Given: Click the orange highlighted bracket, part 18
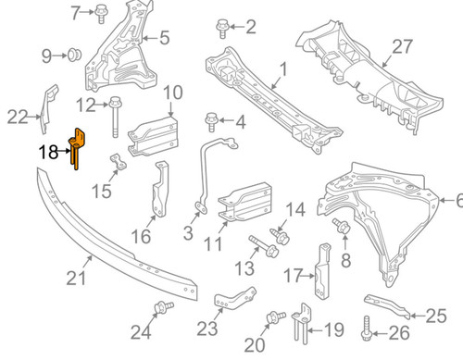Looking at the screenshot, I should pos(78,148).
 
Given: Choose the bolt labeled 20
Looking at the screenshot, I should pos(273,319).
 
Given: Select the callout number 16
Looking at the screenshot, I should pos(139,238).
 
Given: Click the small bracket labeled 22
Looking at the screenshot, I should pos(44,104).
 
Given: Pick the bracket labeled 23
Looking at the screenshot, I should pos(229,302).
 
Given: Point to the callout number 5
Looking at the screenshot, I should pos(163,38).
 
